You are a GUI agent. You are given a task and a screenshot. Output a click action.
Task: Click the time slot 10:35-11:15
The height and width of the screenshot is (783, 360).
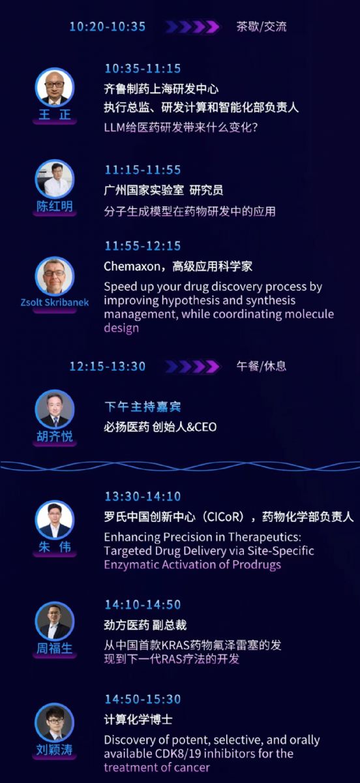click(x=143, y=69)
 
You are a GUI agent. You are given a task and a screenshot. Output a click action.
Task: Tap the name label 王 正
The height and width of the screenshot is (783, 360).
click(x=55, y=115)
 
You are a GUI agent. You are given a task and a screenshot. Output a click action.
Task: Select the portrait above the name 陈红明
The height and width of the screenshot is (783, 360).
click(x=55, y=179)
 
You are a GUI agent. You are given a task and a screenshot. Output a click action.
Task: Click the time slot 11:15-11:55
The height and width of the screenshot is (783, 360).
click(x=143, y=170)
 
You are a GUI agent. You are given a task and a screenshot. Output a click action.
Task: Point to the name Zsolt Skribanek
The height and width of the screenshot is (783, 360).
click(x=55, y=302)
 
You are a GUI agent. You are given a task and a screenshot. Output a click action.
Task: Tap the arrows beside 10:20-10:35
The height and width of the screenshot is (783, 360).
click(x=192, y=27)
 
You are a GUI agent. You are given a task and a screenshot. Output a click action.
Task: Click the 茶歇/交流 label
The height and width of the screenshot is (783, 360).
click(x=262, y=27)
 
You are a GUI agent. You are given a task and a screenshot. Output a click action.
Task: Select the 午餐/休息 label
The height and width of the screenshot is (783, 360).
click(x=262, y=366)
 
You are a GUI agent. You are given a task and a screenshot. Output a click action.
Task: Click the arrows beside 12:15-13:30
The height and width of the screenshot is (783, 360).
click(x=192, y=366)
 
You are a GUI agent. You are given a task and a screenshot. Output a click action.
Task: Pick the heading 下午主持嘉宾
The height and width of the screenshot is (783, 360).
click(x=143, y=407)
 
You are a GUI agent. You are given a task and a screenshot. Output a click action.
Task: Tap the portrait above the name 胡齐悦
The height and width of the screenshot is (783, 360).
click(x=55, y=409)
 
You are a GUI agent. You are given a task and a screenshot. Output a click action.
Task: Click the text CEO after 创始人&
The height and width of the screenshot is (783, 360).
click(x=206, y=427)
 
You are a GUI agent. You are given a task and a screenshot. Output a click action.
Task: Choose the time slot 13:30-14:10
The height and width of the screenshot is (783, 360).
click(x=143, y=497)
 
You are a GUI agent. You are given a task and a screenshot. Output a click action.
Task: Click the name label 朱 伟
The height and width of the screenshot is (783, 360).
click(x=55, y=547)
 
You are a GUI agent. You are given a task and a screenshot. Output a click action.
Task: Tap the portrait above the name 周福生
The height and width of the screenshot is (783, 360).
click(x=55, y=621)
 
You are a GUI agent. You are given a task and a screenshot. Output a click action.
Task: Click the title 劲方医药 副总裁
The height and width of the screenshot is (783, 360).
click(x=145, y=625)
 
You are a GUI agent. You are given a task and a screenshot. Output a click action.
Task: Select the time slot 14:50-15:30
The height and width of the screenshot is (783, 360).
click(x=143, y=699)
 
